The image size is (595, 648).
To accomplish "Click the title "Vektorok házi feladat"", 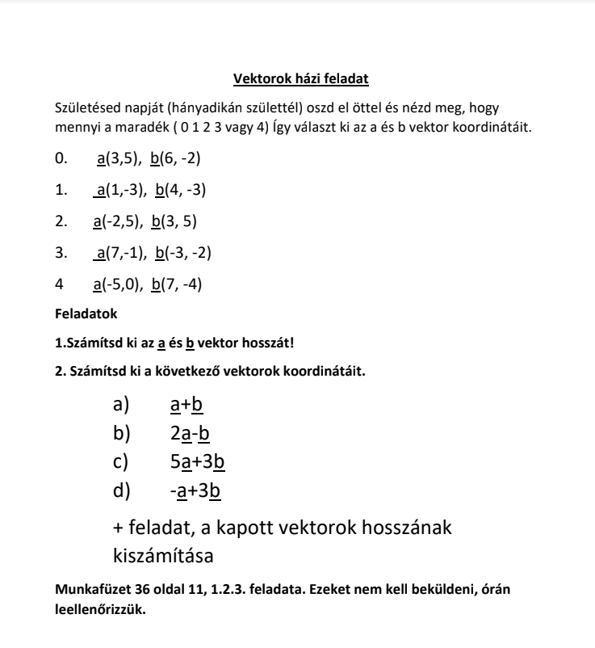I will [x=300, y=78].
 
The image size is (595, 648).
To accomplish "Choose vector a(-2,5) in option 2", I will [x=117, y=221].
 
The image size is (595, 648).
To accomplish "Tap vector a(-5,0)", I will [x=117, y=284].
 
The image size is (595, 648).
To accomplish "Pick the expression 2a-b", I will [x=190, y=434].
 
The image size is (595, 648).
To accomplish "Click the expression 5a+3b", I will [x=197, y=462].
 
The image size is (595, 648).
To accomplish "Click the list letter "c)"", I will [x=121, y=462].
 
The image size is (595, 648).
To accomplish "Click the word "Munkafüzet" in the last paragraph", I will [x=90, y=591].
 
